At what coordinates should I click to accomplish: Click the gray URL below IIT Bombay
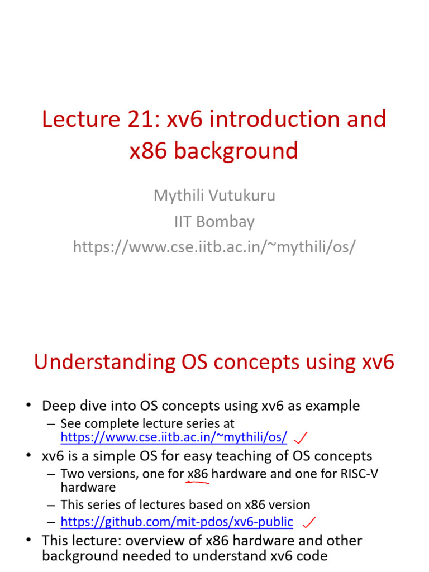point(214,246)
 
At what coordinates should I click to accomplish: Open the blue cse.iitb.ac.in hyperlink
point(174,436)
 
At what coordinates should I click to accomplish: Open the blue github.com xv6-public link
point(177,522)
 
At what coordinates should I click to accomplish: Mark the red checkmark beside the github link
point(308,522)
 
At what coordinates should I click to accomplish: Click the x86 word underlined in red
point(198,474)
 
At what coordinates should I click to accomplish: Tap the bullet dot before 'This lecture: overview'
point(30,540)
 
